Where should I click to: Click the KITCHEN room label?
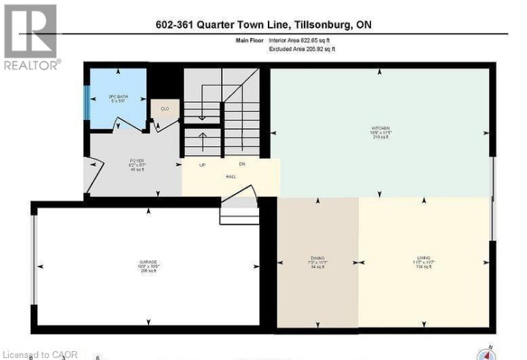pyautogui.click(x=379, y=127)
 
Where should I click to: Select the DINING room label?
pyautogui.click(x=318, y=258)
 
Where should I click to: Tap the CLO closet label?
pyautogui.click(x=165, y=109)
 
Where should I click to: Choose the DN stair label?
pyautogui.click(x=241, y=165)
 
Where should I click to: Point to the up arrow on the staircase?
pyautogui.click(x=203, y=138)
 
